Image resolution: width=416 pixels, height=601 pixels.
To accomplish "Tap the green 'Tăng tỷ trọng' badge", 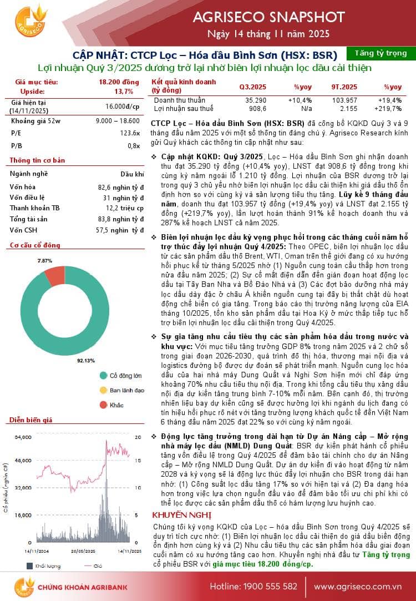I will point(380,53).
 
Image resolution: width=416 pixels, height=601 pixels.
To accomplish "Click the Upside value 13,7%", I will point(124,91).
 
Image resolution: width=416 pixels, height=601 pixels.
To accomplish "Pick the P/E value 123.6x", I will point(130,133).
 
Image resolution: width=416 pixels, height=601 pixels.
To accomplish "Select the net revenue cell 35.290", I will point(256,100).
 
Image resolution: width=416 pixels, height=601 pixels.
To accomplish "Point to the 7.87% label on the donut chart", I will point(45,260).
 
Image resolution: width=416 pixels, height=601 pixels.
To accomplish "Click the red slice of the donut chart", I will point(55,275).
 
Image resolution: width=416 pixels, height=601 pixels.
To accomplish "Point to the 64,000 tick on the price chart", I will point(23,438).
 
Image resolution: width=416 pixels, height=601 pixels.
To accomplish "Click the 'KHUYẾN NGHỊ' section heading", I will point(174,514).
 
